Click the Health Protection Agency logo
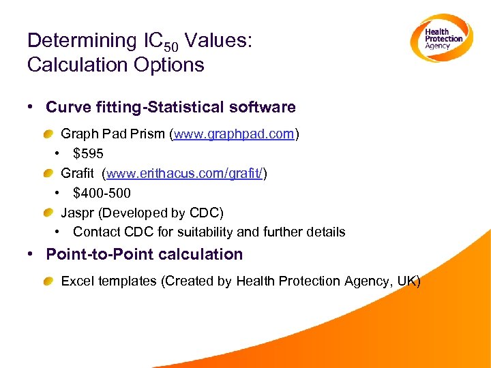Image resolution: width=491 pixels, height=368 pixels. (x=441, y=39)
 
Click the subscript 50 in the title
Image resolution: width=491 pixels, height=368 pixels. (x=173, y=46)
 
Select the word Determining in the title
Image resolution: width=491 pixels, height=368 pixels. (x=82, y=41)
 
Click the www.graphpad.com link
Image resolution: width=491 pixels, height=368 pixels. (x=234, y=134)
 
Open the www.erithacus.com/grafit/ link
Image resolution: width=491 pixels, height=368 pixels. (x=185, y=174)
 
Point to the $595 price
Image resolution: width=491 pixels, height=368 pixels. (x=88, y=154)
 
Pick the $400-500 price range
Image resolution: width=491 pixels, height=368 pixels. (x=102, y=194)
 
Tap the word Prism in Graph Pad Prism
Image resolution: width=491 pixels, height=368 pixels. (x=150, y=134)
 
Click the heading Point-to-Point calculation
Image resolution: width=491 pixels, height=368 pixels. (x=144, y=254)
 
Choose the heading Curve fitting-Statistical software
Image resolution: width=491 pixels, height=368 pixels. (x=170, y=107)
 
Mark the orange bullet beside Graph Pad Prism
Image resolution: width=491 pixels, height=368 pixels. (x=50, y=134)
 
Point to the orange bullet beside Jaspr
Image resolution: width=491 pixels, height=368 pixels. (x=50, y=213)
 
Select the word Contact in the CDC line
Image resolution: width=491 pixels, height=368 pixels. (x=95, y=232)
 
